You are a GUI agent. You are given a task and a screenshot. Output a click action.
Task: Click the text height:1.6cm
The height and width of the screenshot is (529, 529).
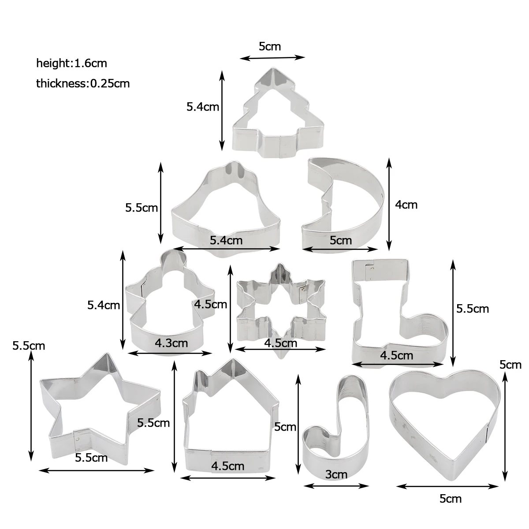72,63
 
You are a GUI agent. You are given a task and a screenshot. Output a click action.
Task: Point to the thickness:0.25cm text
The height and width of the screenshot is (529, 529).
83,83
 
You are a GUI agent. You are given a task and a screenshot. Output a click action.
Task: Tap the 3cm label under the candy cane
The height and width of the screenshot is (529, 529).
336,474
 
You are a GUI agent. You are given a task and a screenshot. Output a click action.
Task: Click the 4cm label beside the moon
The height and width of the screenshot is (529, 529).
406,205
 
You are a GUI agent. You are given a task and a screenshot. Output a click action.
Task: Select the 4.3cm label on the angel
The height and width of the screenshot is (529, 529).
171,343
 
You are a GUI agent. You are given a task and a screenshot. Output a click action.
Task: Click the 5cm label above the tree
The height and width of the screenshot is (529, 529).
270,46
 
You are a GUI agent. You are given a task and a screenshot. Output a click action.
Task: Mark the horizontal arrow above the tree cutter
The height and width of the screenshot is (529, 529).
272,58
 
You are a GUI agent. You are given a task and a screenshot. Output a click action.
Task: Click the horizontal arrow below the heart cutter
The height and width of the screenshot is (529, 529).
447,486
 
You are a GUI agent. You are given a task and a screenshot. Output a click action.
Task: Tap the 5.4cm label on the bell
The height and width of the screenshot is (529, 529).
227,241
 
